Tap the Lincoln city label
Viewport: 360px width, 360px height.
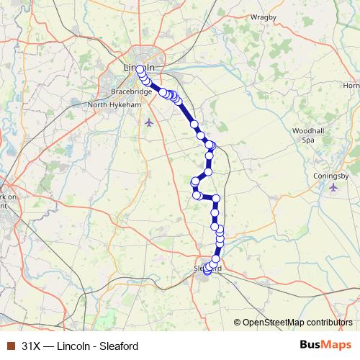138,67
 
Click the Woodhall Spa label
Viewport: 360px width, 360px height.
308,135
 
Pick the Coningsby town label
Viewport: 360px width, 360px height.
331,176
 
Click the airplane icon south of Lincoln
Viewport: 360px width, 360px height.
148,121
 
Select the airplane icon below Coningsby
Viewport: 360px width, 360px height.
333,188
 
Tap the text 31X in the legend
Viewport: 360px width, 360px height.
32,345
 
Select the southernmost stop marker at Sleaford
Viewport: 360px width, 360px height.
207,271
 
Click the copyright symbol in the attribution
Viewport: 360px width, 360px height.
238,322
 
